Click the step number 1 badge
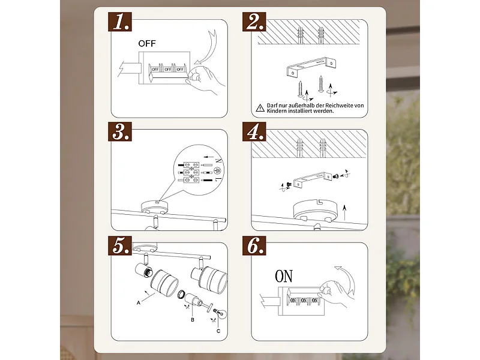pyautogui.click(x=120, y=22)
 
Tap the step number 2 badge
pyautogui.click(x=254, y=22)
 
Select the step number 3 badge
pyautogui.click(x=120, y=131)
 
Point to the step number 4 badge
pyautogui.click(x=254, y=131)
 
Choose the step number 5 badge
pyautogui.click(x=120, y=245)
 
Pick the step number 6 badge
pyautogui.click(x=254, y=245)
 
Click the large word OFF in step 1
pyautogui.click(x=147, y=44)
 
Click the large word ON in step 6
pyautogui.click(x=284, y=276)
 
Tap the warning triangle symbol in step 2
pyautogui.click(x=260, y=108)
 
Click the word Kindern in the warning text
pyautogui.click(x=276, y=111)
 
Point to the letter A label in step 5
pyautogui.click(x=139, y=303)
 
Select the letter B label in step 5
pyautogui.click(x=193, y=320)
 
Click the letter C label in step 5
pyautogui.click(x=218, y=331)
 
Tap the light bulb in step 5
pyautogui.click(x=223, y=314)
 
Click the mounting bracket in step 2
pyautogui.click(x=311, y=67)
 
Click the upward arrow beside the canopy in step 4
pyautogui.click(x=344, y=213)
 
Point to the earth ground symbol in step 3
pyautogui.click(x=218, y=170)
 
